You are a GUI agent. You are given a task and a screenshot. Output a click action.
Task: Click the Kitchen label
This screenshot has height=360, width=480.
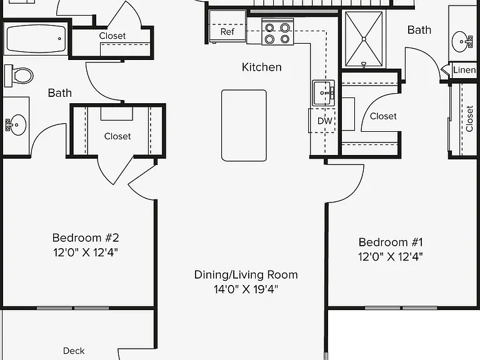[x=261, y=67]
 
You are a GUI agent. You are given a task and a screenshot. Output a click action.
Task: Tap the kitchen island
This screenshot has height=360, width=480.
[x=244, y=125]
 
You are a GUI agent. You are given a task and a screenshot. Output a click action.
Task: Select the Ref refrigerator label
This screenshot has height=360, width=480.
[x=227, y=31]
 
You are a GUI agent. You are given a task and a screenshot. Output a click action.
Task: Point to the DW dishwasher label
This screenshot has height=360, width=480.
[x=324, y=121]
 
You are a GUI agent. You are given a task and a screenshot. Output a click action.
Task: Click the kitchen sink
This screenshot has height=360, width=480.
[x=324, y=92]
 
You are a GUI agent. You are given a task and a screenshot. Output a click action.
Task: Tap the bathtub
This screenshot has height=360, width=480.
[x=36, y=39]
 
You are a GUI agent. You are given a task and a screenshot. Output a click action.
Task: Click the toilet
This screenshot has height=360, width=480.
[x=19, y=76]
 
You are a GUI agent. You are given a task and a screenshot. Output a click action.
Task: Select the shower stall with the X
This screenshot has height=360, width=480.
[x=364, y=39]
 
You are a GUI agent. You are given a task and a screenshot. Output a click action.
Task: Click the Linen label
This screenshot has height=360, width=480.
[x=464, y=70]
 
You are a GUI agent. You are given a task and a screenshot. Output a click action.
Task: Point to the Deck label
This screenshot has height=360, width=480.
[x=74, y=351]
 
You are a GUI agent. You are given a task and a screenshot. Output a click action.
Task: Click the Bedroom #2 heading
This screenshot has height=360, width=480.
[x=86, y=238]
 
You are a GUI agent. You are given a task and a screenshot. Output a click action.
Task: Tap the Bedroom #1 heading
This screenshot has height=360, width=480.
[x=391, y=242]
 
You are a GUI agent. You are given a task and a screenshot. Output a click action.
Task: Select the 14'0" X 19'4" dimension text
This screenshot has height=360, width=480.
[x=246, y=289]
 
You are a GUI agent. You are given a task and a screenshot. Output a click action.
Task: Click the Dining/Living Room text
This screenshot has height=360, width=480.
[x=246, y=274]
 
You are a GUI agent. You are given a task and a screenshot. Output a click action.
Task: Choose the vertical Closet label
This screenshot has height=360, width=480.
[x=469, y=119]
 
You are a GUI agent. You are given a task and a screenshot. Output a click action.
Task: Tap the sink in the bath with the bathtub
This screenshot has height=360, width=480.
[x=16, y=125]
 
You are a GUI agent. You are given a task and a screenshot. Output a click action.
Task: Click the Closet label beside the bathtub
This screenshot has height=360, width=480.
[x=112, y=36]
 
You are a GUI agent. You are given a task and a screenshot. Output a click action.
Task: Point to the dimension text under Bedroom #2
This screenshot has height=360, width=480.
[x=86, y=252]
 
